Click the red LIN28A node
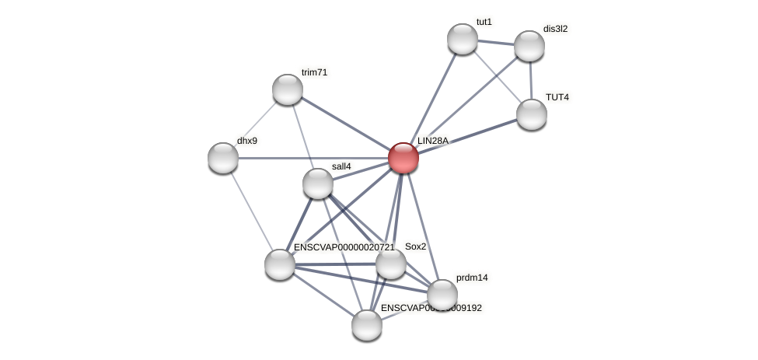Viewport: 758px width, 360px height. pos(403,158)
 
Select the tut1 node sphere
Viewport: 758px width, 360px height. pos(463,39)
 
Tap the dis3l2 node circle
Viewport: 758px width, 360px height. pos(529,46)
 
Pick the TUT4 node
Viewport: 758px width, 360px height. pos(532,114)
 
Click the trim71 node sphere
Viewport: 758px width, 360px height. pos(288,89)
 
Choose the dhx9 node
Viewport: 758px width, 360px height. pos(223,158)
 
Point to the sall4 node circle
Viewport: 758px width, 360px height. pos(317,183)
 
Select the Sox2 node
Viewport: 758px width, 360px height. pos(390,264)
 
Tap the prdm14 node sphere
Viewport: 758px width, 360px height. pos(442,295)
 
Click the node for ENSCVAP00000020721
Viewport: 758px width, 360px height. pos(279,264)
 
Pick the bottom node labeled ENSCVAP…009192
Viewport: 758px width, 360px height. pos(366,325)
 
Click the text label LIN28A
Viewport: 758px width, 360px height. pos(433,141)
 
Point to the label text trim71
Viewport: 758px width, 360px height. pos(315,72)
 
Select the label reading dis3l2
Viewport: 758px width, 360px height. pos(555,29)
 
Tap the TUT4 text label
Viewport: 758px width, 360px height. pos(557,97)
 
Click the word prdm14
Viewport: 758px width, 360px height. pos(472,278)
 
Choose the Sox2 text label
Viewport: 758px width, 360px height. pos(415,246)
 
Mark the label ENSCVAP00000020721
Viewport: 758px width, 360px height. pos(344,247)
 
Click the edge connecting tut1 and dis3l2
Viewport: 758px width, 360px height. pos(496,42)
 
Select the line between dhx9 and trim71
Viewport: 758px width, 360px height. pos(255,124)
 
